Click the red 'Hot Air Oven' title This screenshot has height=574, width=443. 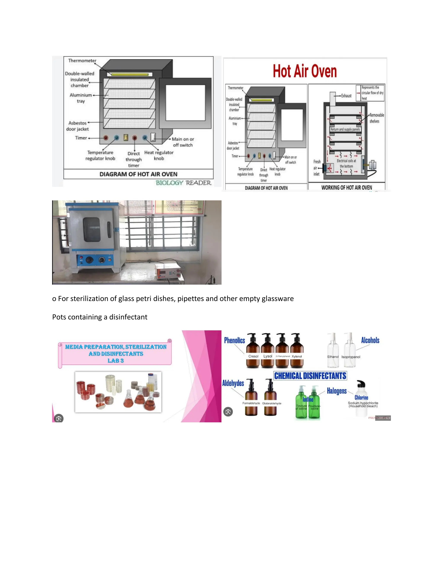pos(305,71)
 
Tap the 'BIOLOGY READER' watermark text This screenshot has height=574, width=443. pos(183,183)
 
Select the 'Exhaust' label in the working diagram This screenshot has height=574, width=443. pos(346,96)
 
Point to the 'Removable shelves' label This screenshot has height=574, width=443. pos(376,118)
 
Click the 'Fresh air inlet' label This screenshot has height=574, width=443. pos(316,168)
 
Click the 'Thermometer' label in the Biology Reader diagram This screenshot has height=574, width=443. pos(82,61)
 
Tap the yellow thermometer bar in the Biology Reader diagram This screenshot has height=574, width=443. pos(130,74)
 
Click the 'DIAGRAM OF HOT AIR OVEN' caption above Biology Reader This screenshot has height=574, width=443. pos(138,174)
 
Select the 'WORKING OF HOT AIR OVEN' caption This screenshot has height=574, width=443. pos(347,187)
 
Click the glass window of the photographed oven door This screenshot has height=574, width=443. pos(91,229)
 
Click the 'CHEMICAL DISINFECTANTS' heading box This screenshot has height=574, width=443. pos(310,376)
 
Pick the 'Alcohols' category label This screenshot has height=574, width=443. pos(370,340)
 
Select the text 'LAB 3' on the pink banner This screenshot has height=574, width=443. pos(116,361)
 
